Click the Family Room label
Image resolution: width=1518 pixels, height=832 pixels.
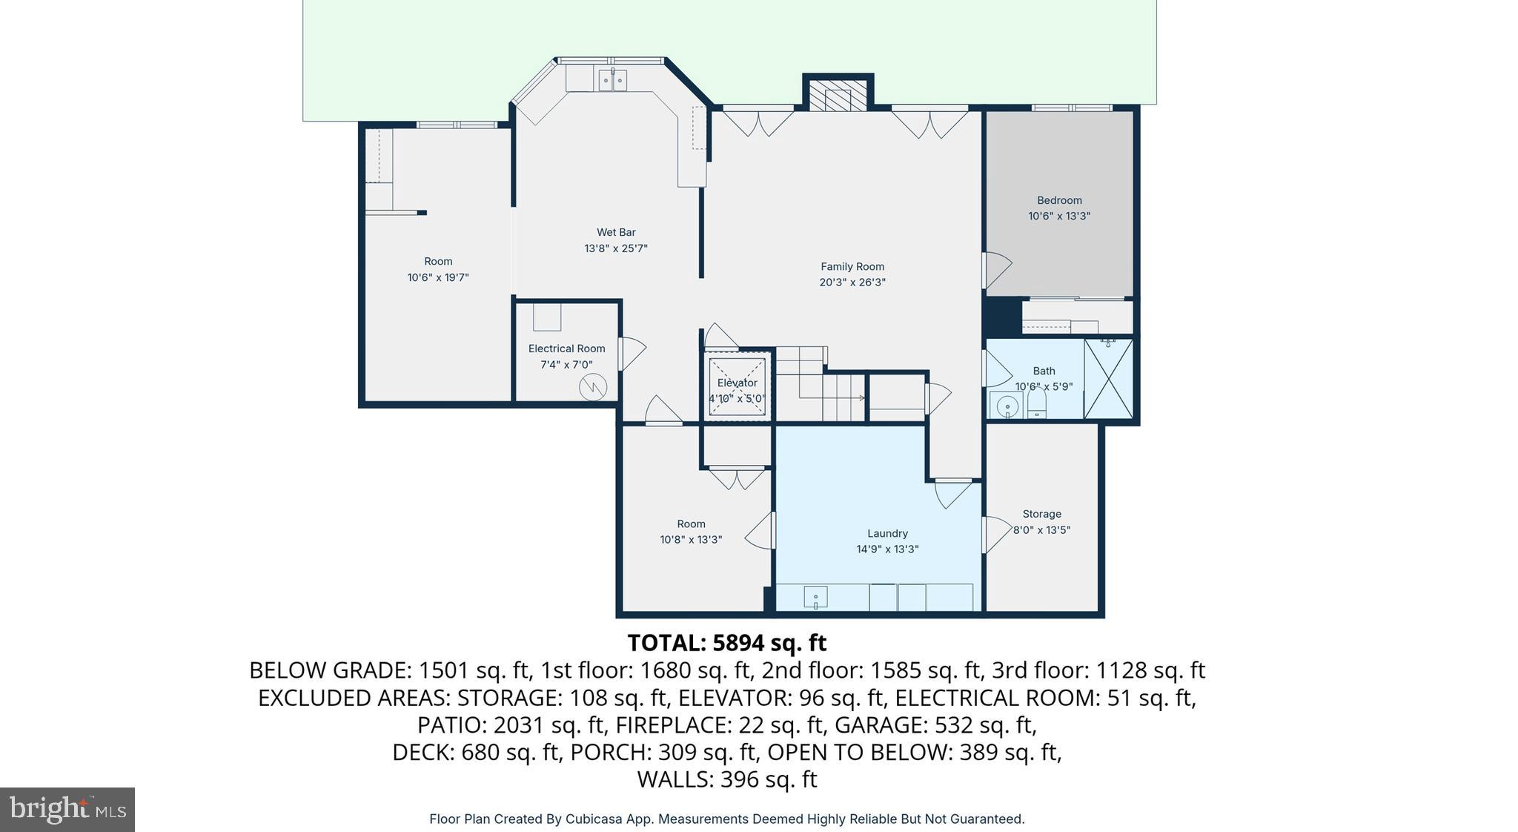852,266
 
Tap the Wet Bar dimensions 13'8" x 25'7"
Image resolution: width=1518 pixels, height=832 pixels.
615,248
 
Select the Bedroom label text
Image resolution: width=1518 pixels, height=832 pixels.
1058,200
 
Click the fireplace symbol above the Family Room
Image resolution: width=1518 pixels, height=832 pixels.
838,97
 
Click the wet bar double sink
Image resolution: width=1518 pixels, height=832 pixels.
612,80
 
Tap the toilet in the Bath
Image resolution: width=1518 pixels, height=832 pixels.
1036,404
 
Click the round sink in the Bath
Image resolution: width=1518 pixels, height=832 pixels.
1007,406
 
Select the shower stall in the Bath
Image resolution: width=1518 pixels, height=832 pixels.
1108,379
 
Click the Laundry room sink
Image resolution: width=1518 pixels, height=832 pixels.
815,597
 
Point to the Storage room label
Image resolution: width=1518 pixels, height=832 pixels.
1041,514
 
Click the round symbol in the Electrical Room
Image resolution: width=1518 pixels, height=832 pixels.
593,387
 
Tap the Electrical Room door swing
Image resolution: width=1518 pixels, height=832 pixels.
632,353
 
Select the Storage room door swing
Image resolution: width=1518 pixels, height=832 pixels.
995,534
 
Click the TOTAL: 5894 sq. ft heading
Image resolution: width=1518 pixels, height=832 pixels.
726,642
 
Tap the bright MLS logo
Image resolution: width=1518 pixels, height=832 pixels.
67,809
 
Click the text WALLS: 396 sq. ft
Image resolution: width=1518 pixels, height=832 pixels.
726,779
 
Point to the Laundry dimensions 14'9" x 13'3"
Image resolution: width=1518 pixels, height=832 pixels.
887,549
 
